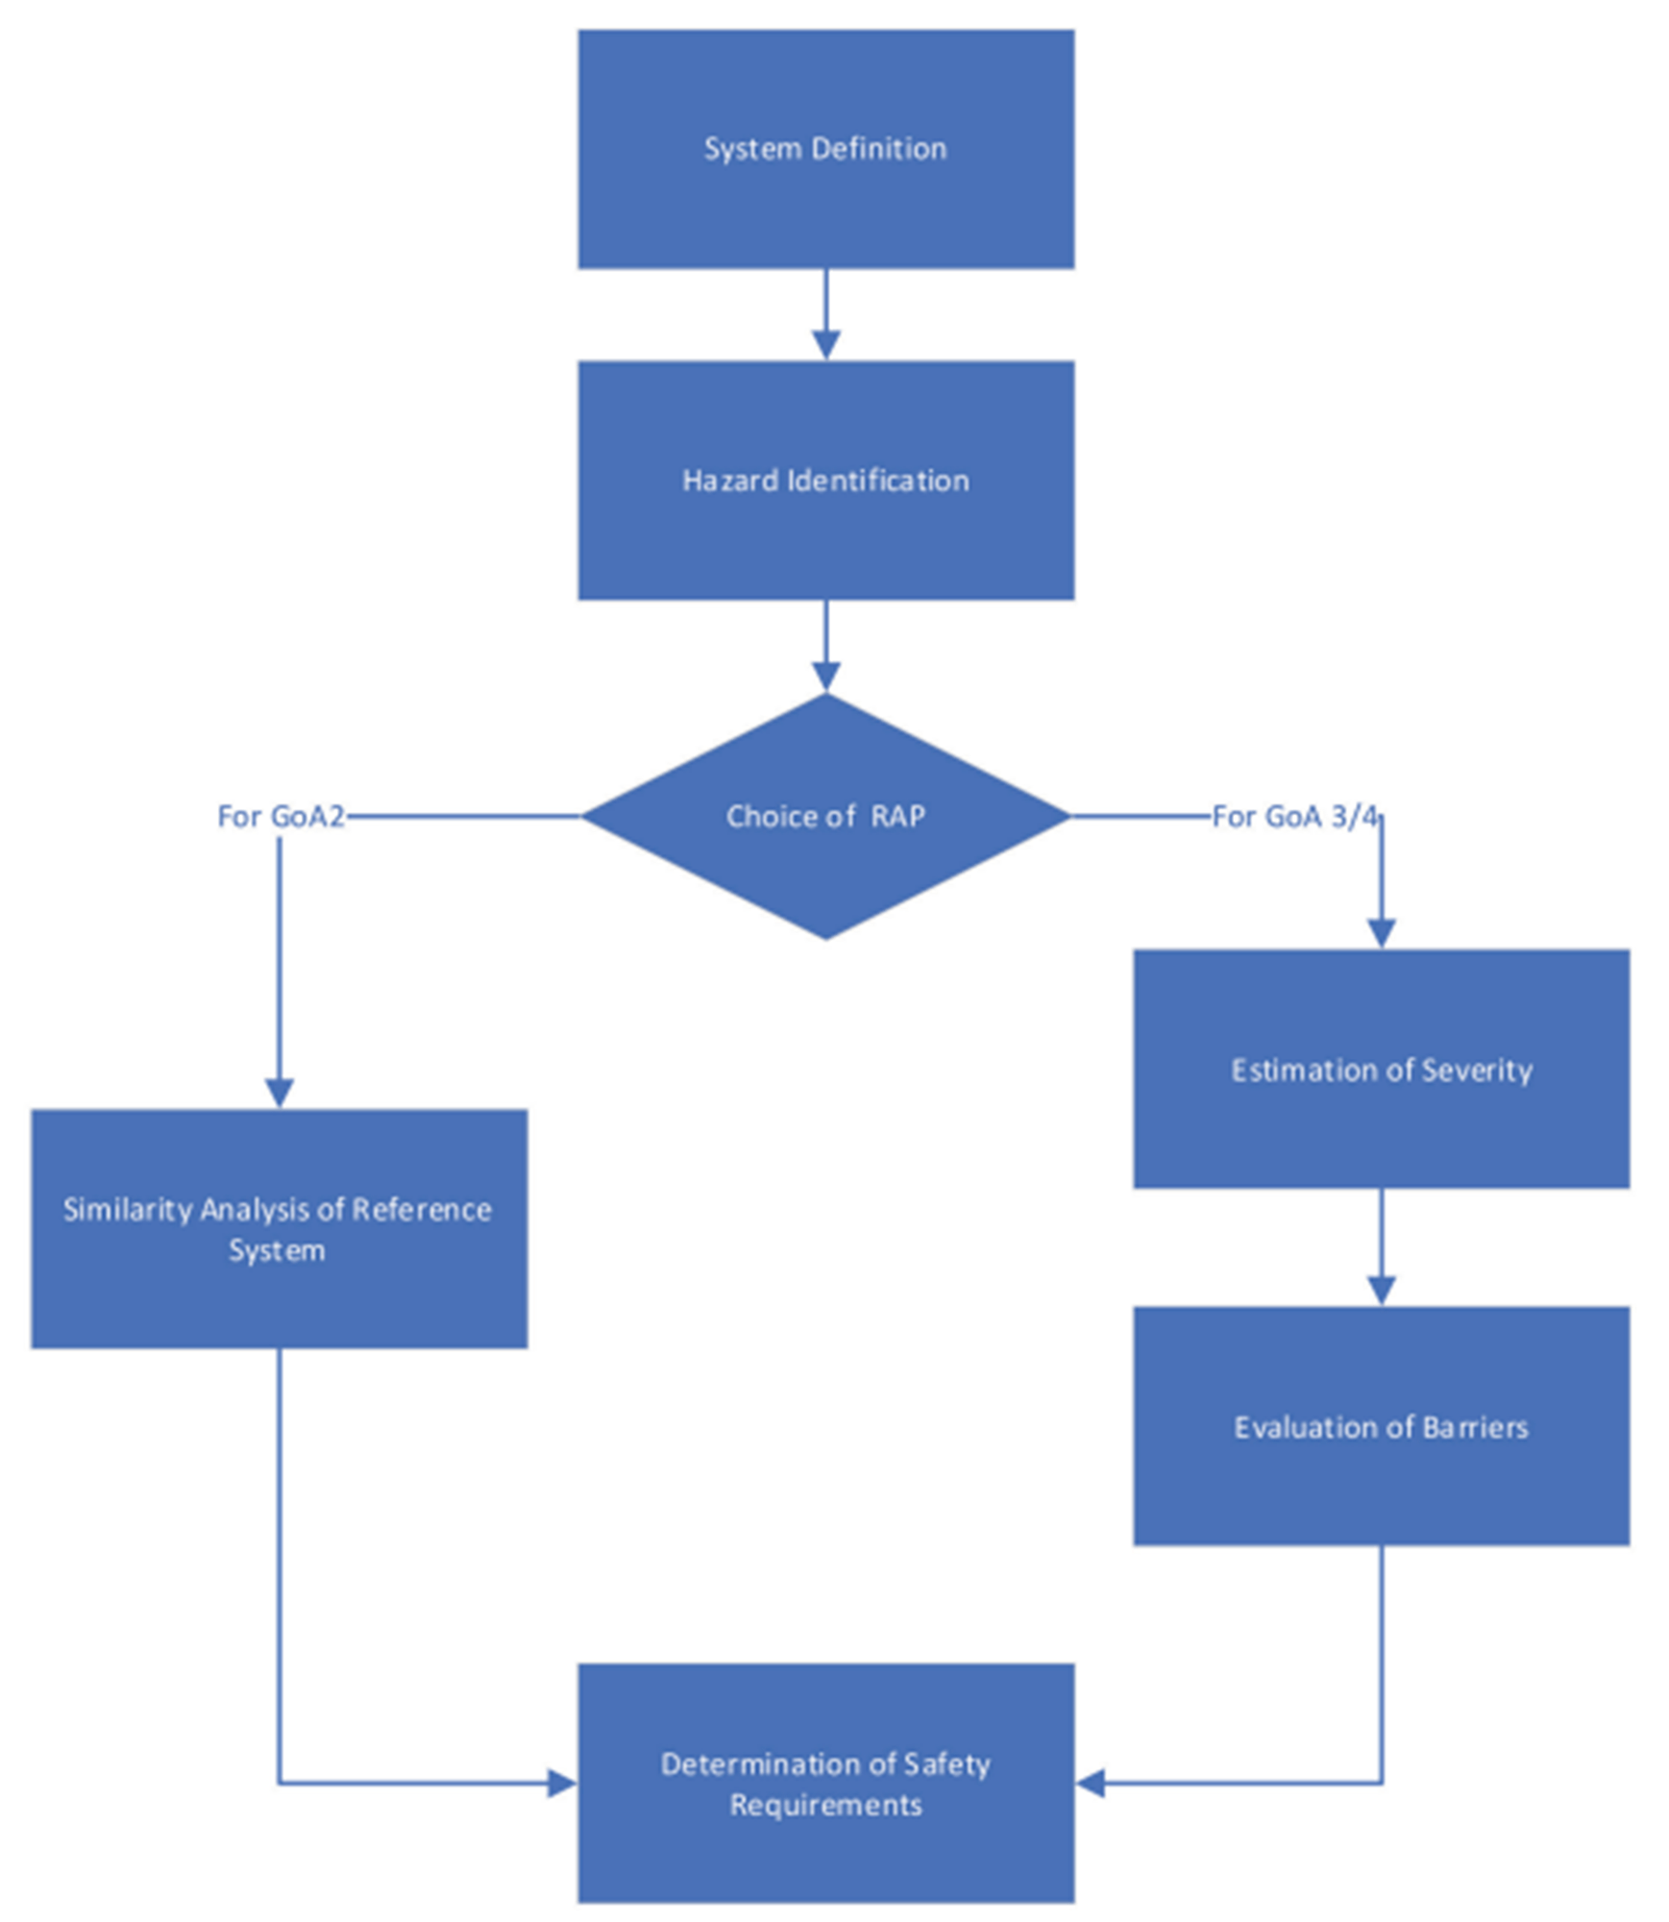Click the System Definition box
click(x=824, y=149)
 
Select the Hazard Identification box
click(x=824, y=480)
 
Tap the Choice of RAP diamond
click(x=824, y=815)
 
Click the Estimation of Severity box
click(x=1380, y=1069)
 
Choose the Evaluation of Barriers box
click(x=1380, y=1426)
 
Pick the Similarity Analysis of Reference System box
click(x=279, y=1228)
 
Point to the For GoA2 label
click(x=281, y=816)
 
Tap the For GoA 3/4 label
click(x=1293, y=816)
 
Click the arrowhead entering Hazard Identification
click(x=825, y=345)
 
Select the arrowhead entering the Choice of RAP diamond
click(x=825, y=676)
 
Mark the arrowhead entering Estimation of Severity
click(x=1381, y=932)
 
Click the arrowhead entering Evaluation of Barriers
click(x=1381, y=1290)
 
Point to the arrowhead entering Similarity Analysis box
click(x=279, y=1093)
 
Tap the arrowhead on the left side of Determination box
click(x=561, y=1784)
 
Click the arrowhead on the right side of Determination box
click(x=1091, y=1784)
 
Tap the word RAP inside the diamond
click(x=897, y=816)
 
